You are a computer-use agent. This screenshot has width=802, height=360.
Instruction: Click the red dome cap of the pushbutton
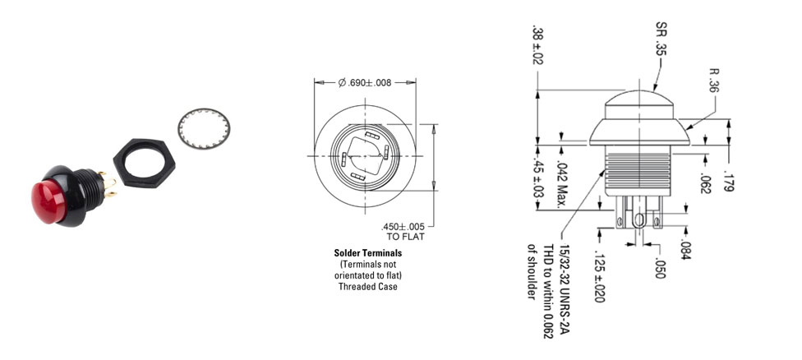click(x=48, y=201)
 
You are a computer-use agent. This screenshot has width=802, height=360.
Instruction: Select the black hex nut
click(x=145, y=161)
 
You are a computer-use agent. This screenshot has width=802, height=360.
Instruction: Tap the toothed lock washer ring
click(x=204, y=128)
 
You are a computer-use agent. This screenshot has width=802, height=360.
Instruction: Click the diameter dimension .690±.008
click(x=365, y=83)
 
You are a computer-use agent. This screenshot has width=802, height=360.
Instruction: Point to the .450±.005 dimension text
click(x=403, y=227)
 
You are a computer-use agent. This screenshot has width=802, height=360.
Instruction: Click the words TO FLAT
click(x=405, y=237)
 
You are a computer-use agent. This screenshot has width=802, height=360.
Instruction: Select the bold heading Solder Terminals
click(x=368, y=252)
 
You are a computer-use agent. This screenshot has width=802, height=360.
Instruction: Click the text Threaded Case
click(x=368, y=286)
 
